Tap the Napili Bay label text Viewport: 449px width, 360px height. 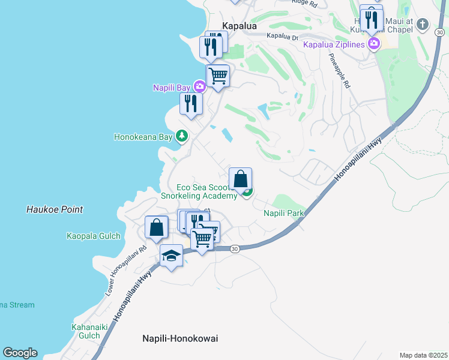coord(172,88)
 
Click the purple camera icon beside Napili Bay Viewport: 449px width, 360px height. coord(199,87)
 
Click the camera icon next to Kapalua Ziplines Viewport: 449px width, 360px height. coord(375,43)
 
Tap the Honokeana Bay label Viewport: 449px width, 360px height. coord(143,137)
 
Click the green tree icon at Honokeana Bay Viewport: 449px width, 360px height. coord(182,136)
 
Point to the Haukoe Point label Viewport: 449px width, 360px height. coord(55,209)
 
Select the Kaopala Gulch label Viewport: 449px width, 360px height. coord(93,236)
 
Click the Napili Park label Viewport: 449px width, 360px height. coord(284,213)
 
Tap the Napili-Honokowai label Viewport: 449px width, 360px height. coord(180,338)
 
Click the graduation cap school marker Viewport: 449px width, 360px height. coord(172,256)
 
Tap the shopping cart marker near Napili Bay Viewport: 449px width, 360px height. coord(217,76)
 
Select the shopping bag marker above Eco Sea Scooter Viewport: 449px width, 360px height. coord(240,178)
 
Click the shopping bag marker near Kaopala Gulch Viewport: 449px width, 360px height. coord(156,227)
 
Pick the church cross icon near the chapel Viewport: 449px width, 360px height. coord(423,25)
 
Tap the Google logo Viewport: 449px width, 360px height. coord(20,352)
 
